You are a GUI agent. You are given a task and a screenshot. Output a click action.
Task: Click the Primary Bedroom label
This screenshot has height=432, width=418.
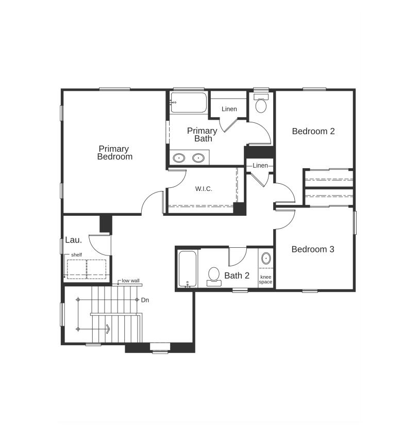point(114,153)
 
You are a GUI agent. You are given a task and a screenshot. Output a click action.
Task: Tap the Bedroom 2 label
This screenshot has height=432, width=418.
point(313,131)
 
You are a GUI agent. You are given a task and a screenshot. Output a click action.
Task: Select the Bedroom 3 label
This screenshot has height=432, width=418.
point(313,249)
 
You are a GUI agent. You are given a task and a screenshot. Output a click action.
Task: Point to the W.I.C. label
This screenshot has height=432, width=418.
point(204,189)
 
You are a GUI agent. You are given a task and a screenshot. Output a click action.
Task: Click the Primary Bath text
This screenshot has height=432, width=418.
point(202,135)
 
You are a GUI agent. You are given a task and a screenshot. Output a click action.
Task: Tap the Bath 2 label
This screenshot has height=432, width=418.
point(237,276)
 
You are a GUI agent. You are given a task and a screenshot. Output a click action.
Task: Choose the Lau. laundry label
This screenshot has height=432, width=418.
point(73,240)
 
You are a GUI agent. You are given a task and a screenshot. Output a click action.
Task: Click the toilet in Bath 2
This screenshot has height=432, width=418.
point(213,276)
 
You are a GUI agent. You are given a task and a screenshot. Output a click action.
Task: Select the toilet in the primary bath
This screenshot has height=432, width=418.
point(261,104)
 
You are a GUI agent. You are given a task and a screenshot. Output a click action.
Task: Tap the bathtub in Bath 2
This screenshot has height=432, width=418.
point(187,269)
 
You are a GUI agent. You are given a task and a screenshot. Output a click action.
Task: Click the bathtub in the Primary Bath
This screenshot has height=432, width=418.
point(189,103)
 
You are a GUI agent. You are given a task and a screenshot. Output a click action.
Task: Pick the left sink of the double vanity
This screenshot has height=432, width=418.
point(179,158)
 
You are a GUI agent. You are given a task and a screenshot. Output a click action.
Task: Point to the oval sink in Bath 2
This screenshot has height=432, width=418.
point(266,258)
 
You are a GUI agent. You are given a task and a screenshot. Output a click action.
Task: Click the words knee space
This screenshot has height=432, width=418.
point(265,280)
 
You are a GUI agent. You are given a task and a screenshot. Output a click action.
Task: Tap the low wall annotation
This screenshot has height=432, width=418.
point(130,281)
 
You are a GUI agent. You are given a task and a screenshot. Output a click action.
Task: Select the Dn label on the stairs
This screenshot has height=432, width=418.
point(145,299)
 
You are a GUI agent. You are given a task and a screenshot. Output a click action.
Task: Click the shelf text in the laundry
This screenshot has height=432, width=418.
point(76,255)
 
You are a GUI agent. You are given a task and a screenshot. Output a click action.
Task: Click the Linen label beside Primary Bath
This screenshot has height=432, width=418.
point(229,109)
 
